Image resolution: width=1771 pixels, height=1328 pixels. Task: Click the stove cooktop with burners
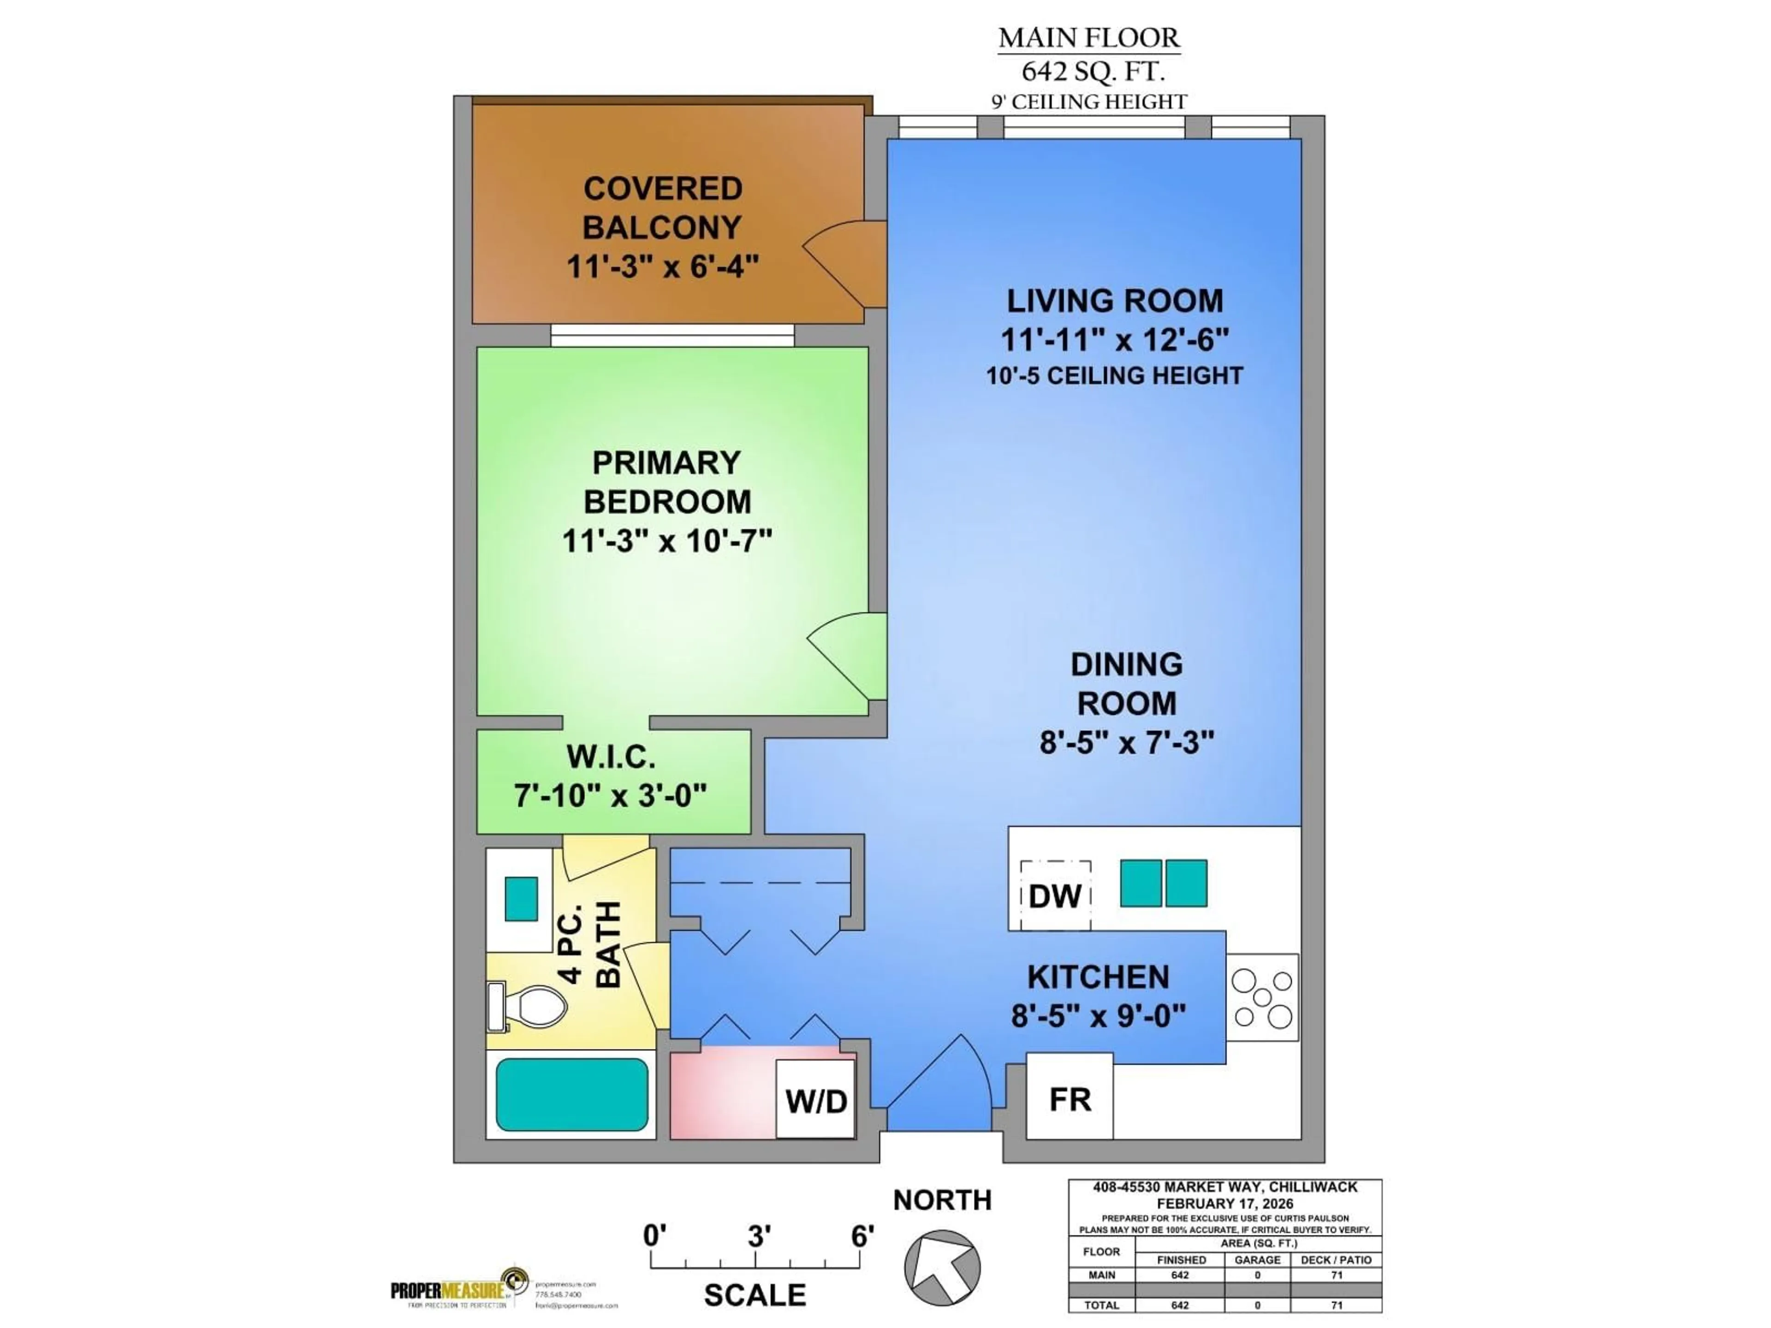[1262, 997]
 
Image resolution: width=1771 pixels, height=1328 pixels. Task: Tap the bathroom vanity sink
[521, 898]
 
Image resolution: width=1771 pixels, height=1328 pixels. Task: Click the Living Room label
[1114, 301]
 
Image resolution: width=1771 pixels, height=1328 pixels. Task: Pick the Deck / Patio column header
[1336, 1260]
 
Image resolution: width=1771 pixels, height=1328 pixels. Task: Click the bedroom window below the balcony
[672, 335]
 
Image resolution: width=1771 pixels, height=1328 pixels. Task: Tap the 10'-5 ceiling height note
[1114, 375]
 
